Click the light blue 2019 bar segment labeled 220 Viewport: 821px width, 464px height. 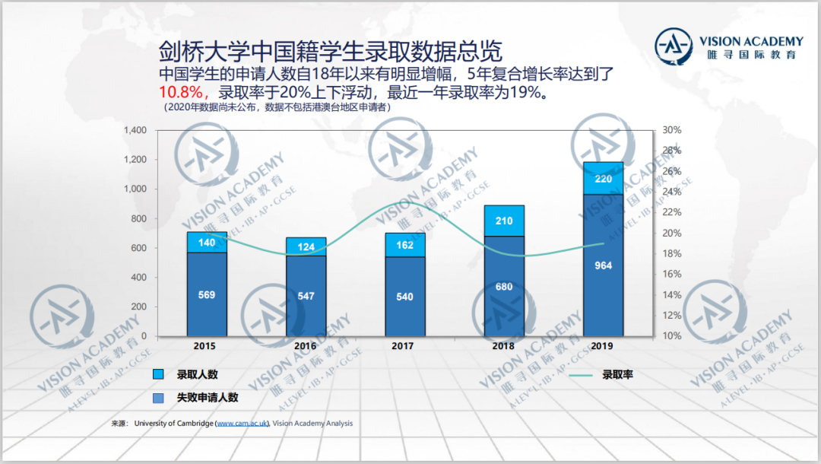click(x=603, y=179)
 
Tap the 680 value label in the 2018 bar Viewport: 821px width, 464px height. click(x=504, y=287)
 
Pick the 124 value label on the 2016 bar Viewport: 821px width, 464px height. click(x=306, y=247)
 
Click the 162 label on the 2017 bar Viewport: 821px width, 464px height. click(x=405, y=245)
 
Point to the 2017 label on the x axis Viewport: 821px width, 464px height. click(x=404, y=346)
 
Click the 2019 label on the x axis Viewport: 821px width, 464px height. click(x=603, y=346)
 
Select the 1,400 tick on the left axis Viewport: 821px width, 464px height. click(x=134, y=131)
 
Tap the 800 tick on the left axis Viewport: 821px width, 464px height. click(x=138, y=219)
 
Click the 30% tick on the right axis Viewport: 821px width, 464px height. click(x=672, y=131)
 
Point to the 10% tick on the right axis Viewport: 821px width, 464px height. click(x=672, y=336)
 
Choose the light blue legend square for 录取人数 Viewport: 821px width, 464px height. click(x=159, y=374)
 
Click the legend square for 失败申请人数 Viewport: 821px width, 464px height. click(x=159, y=397)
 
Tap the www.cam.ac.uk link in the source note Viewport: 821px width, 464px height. click(x=242, y=424)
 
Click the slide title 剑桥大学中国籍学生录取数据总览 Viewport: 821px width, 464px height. click(x=331, y=52)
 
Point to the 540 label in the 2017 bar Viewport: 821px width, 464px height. click(x=405, y=297)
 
